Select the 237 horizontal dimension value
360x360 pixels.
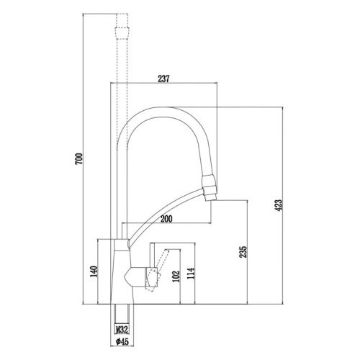(x=163, y=79)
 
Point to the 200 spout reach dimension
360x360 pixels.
(x=166, y=218)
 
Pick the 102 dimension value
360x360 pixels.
(x=176, y=277)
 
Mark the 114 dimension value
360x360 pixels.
(x=191, y=277)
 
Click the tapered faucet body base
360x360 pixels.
(x=118, y=274)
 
